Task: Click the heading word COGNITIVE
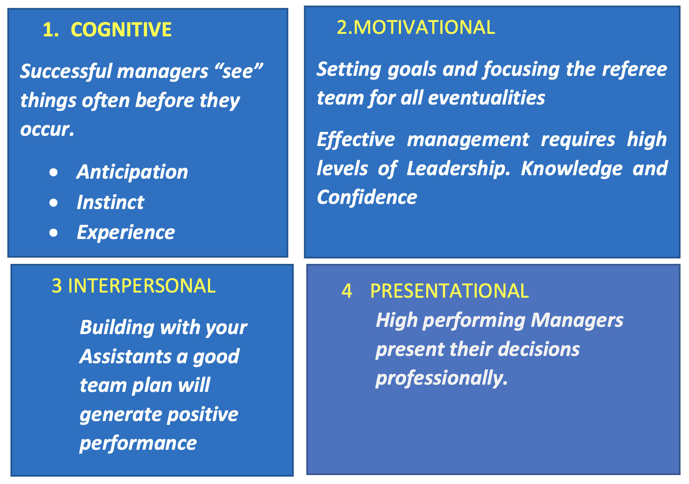[121, 30]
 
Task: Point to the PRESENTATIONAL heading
[449, 291]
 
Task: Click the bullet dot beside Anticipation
[53, 173]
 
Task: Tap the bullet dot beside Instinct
[53, 203]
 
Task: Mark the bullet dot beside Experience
[53, 233]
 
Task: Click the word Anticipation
[132, 172]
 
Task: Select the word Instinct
[110, 202]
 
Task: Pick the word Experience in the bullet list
[126, 233]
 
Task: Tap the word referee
[634, 69]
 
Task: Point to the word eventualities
[487, 98]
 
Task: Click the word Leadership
[458, 169]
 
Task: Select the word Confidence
[367, 197]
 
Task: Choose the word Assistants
[125, 356]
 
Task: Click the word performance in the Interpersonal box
[138, 444]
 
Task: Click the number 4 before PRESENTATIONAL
[347, 291]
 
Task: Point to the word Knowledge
[572, 169]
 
